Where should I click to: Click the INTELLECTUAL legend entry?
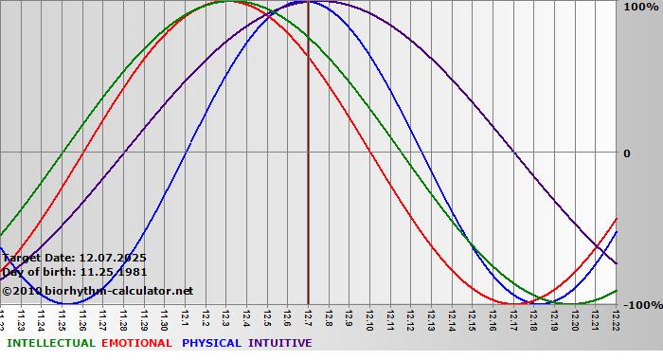pos(49,343)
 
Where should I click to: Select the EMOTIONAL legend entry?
pos(136,343)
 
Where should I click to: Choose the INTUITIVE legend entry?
pos(280,343)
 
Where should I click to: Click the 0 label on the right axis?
pos(626,153)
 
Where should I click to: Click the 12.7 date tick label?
pos(309,315)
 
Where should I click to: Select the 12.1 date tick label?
pos(186,315)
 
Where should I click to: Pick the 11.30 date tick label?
pos(165,317)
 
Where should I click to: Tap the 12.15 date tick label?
pos(473,317)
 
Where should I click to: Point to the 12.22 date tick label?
pos(617,317)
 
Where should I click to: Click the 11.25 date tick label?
pos(63,317)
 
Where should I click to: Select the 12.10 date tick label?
pos(370,317)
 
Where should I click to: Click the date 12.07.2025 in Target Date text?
pos(113,258)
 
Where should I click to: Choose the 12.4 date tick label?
pos(247,315)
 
